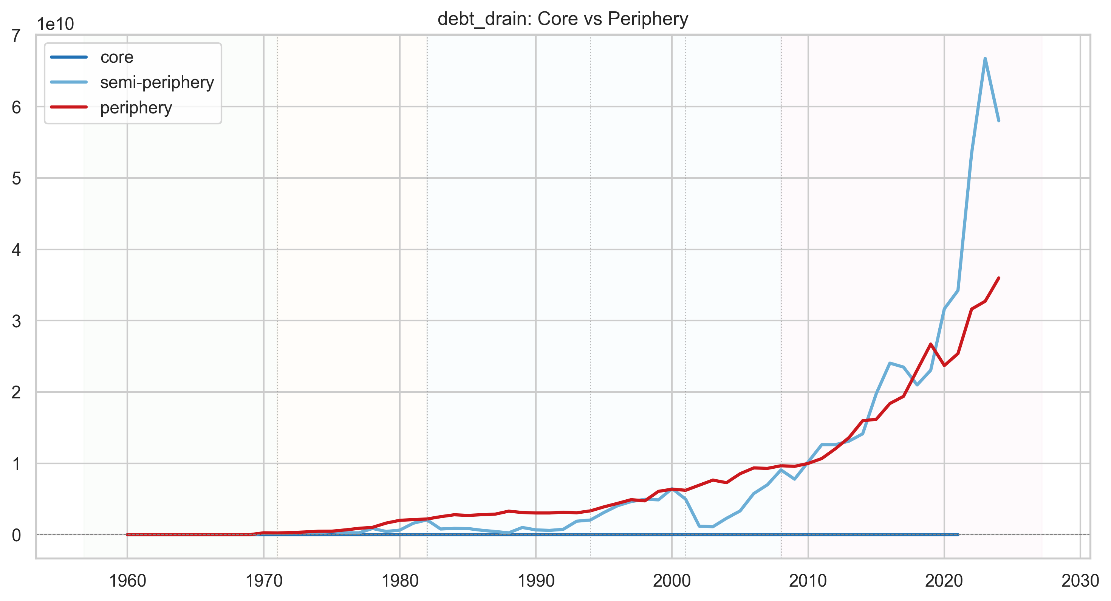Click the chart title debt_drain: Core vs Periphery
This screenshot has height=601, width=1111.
[563, 19]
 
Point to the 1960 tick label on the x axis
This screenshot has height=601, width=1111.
[127, 581]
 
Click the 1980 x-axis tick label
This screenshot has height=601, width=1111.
[400, 581]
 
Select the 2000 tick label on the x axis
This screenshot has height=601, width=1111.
[672, 581]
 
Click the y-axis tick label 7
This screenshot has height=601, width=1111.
[16, 36]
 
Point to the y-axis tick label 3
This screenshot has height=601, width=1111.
[16, 321]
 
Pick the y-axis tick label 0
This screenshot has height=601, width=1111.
[16, 535]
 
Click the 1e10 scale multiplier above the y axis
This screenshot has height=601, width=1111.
[55, 24]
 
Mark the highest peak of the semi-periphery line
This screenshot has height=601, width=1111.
[985, 58]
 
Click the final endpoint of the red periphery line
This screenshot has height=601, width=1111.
[999, 278]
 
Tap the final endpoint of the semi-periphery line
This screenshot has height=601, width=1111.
[999, 121]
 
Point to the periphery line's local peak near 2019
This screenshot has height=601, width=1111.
[931, 344]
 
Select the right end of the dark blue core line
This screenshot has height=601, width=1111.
[958, 534]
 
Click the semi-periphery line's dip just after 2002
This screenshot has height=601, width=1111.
[712, 527]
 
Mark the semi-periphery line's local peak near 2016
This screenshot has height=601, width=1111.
[890, 363]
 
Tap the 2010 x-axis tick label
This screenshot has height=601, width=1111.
[808, 581]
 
